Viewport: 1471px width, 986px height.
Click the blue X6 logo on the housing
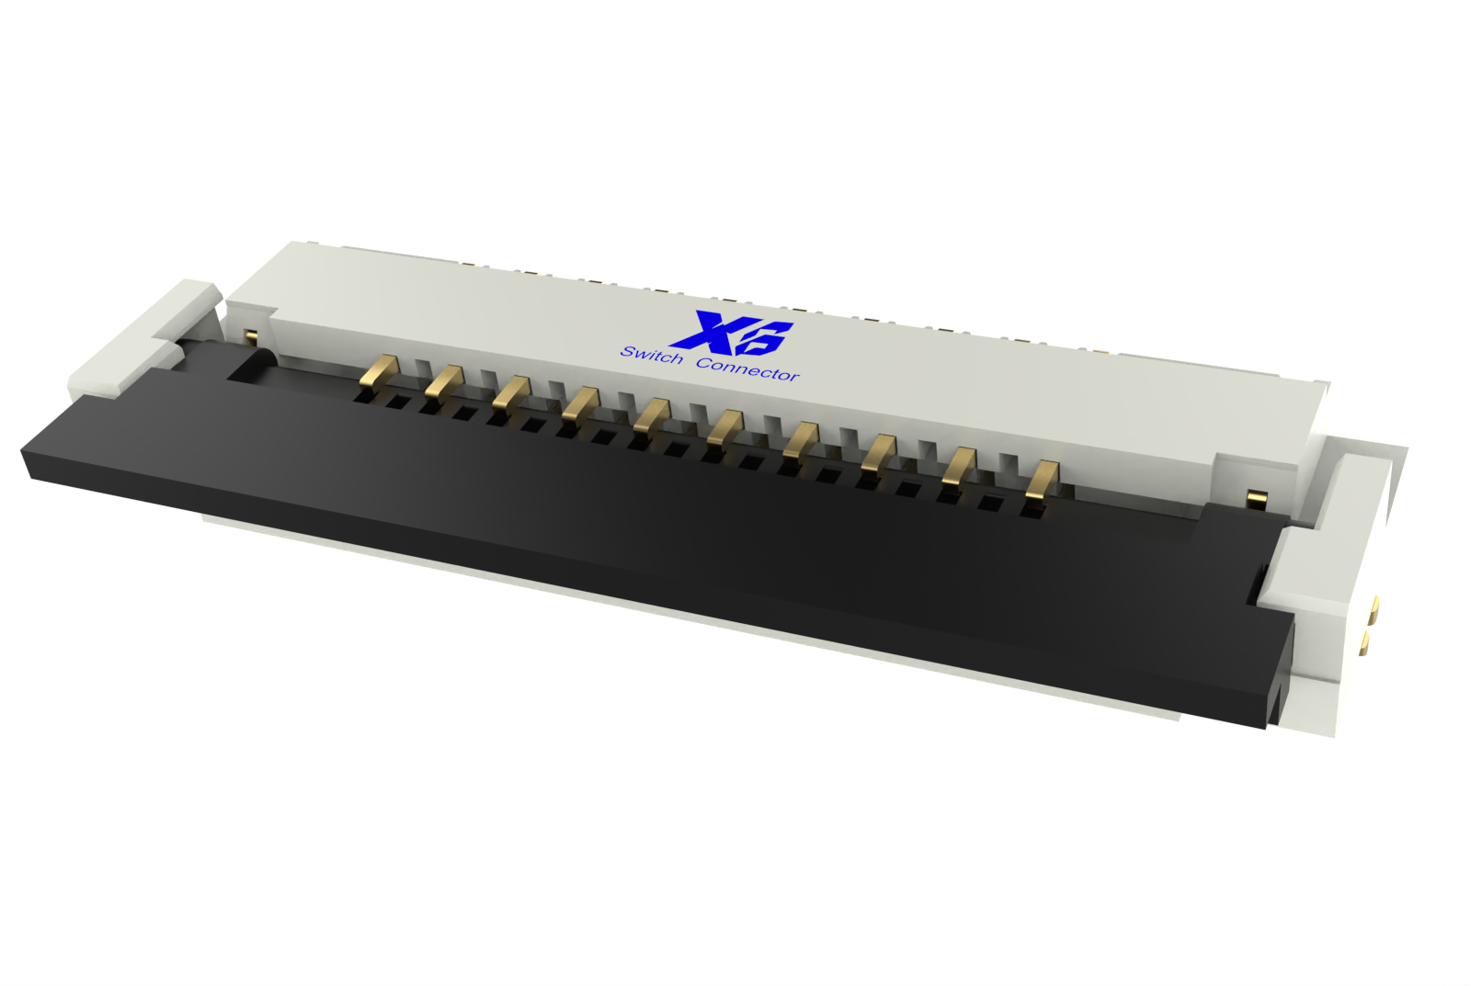pos(730,330)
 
